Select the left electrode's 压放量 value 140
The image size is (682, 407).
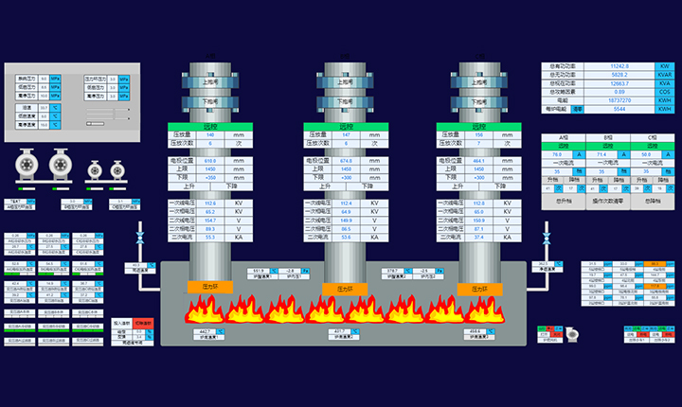pyautogui.click(x=210, y=135)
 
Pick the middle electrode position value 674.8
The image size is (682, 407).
pyautogui.click(x=345, y=161)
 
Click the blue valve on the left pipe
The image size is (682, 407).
pyautogui.click(x=139, y=235)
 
